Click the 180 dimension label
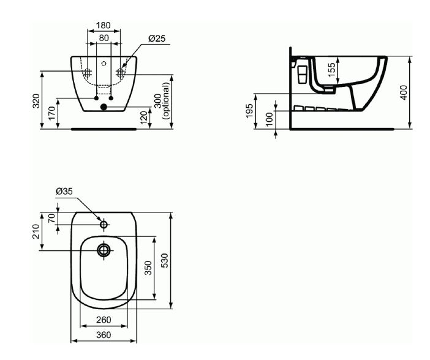coord(104,25)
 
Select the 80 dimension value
coord(104,37)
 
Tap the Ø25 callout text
coord(157,39)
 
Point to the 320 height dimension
coord(36,101)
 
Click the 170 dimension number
coord(52,113)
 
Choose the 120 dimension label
coord(144,118)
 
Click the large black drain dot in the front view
coord(104,107)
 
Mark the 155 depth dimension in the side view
coord(332,70)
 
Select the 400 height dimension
coord(404,92)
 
